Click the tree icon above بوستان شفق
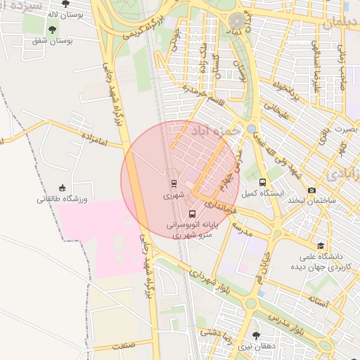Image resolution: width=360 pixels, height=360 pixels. pyautogui.click(x=52, y=29)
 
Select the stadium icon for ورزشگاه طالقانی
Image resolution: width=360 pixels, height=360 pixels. pyautogui.click(x=63, y=188)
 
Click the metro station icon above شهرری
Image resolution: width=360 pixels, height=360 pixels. pyautogui.click(x=173, y=184)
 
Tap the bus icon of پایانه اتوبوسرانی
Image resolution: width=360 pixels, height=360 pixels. pyautogui.click(x=193, y=214)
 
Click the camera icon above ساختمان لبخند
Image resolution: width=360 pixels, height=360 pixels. pyautogui.click(x=311, y=190)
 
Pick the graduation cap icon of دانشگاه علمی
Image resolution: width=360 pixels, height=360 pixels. pyautogui.click(x=321, y=245)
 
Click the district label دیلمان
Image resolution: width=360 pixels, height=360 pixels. pyautogui.click(x=341, y=23)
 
